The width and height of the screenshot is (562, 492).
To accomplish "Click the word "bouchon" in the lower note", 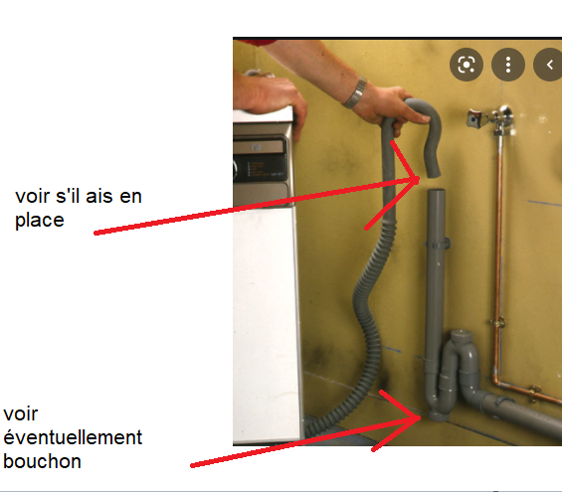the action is pyautogui.click(x=42, y=461).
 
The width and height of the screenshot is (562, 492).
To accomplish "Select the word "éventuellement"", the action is pyautogui.click(x=73, y=437).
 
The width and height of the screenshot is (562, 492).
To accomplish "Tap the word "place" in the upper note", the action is pyautogui.click(x=40, y=221).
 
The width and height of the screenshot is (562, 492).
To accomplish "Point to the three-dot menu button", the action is pyautogui.click(x=508, y=65).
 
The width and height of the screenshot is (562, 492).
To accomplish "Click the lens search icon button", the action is pyautogui.click(x=467, y=65).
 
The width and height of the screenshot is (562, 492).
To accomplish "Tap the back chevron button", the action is pyautogui.click(x=548, y=65).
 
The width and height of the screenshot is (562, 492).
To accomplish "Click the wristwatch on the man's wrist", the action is pyautogui.click(x=355, y=93).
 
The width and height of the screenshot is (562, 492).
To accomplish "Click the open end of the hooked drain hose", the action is pyautogui.click(x=434, y=173).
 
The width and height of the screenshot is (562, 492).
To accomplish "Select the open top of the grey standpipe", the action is pyautogui.click(x=437, y=191).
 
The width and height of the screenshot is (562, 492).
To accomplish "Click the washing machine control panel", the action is pyautogui.click(x=261, y=162).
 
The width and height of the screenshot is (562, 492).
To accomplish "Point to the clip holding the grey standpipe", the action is pyautogui.click(x=437, y=244).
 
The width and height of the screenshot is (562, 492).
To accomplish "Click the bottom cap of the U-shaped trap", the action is pyautogui.click(x=439, y=416).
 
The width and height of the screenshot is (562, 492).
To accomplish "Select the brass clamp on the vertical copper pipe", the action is pyautogui.click(x=497, y=322).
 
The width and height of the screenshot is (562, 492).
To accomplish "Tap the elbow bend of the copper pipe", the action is pyautogui.click(x=497, y=382).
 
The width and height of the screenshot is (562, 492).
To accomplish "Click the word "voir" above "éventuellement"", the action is pyautogui.click(x=21, y=413).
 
